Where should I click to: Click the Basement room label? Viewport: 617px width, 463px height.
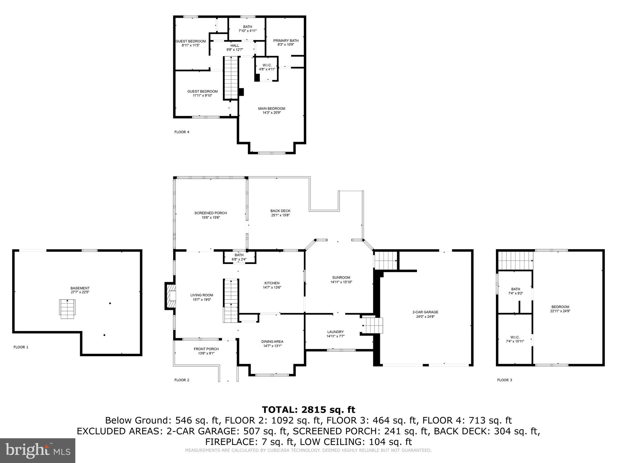pyautogui.click(x=80, y=288)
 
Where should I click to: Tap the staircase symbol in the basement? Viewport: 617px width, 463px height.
pyautogui.click(x=67, y=309)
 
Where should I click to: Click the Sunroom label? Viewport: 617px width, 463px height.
pyautogui.click(x=341, y=278)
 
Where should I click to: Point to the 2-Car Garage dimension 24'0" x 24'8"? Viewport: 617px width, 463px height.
pyautogui.click(x=425, y=317)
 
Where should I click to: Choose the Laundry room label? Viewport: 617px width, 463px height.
pyautogui.click(x=335, y=332)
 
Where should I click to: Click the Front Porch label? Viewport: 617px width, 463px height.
pyautogui.click(x=206, y=349)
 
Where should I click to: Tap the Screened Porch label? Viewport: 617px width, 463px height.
pyautogui.click(x=211, y=213)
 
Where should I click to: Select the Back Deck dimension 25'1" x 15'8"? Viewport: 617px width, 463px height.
pyautogui.click(x=280, y=215)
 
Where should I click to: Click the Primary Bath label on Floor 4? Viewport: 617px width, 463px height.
pyautogui.click(x=286, y=41)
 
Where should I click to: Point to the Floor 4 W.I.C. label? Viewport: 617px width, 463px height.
pyautogui.click(x=267, y=65)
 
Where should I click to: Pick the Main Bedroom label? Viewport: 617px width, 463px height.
pyautogui.click(x=271, y=109)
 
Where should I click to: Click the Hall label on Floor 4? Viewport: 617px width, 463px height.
pyautogui.click(x=235, y=46)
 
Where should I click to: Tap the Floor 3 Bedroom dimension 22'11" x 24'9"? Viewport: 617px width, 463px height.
pyautogui.click(x=560, y=311)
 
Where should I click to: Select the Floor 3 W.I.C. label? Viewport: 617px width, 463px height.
pyautogui.click(x=515, y=337)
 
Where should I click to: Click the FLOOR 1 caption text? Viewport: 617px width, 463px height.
pyautogui.click(x=21, y=347)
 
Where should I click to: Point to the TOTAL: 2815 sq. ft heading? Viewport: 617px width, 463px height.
pyautogui.click(x=308, y=410)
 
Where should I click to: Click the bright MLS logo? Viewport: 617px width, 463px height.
pyautogui.click(x=38, y=451)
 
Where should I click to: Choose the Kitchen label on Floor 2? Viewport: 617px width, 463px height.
pyautogui.click(x=272, y=283)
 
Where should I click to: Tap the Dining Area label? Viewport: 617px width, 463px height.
pyautogui.click(x=272, y=342)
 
